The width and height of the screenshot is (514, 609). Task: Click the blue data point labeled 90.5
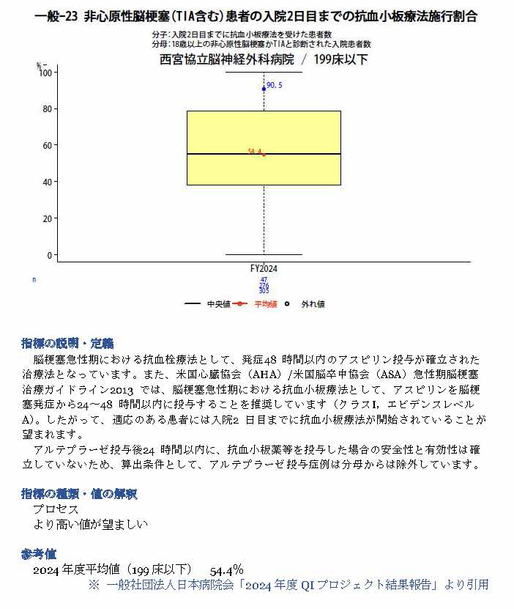(264, 89)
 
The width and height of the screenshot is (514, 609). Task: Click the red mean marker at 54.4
(264, 155)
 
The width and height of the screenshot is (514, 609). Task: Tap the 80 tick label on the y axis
(48, 109)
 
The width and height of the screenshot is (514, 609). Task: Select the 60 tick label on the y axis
(48, 146)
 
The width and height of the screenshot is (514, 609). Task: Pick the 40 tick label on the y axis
(48, 182)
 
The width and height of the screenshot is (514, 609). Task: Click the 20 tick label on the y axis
(48, 218)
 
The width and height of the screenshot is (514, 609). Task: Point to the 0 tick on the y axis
(50, 255)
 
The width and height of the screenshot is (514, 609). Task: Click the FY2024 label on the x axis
(264, 269)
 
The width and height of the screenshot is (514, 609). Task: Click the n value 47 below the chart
(264, 279)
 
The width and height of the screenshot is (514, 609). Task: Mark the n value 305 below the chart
(264, 291)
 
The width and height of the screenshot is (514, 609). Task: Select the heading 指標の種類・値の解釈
(79, 494)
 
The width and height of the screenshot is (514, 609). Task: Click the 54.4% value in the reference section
(226, 569)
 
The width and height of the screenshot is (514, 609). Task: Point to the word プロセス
(56, 509)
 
